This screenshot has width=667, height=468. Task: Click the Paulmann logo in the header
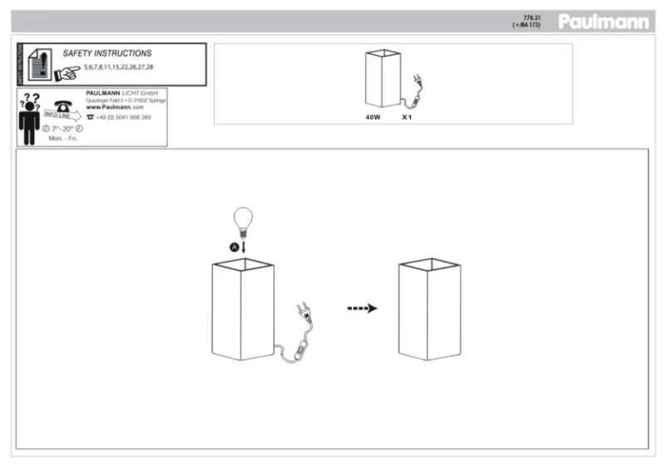coord(603,22)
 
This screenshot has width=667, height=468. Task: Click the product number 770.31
coord(533,17)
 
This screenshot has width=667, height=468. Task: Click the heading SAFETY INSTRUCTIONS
coord(107,53)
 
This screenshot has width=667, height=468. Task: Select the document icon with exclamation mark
coord(37,63)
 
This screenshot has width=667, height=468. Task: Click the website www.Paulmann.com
coord(115,107)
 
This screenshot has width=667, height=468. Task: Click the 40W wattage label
coord(373,117)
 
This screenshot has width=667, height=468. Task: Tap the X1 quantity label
coord(407,117)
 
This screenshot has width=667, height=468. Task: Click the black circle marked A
coord(235,247)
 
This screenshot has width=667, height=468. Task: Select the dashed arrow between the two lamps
coord(362,308)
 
